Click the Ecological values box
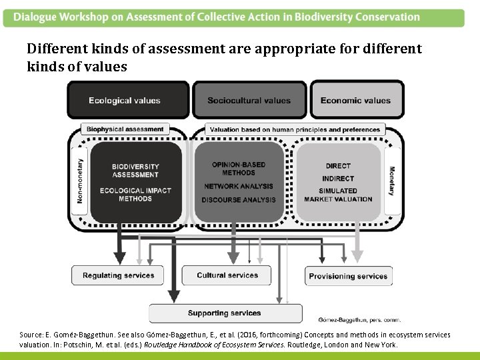point(125,101)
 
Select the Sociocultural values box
point(249,101)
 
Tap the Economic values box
point(355,101)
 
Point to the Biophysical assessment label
point(125,129)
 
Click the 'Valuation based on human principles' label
point(294,129)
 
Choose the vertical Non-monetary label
point(81,180)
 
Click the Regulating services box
point(118,275)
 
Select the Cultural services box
point(227,275)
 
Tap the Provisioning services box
point(347,276)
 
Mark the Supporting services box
point(224,313)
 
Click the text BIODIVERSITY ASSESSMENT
point(135,171)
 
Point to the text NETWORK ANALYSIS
point(239,187)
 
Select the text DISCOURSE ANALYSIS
point(239,199)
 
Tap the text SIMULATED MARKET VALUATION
point(338,195)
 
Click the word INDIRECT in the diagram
point(338,178)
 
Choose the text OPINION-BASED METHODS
point(239,169)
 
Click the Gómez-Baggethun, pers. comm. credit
point(360,320)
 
